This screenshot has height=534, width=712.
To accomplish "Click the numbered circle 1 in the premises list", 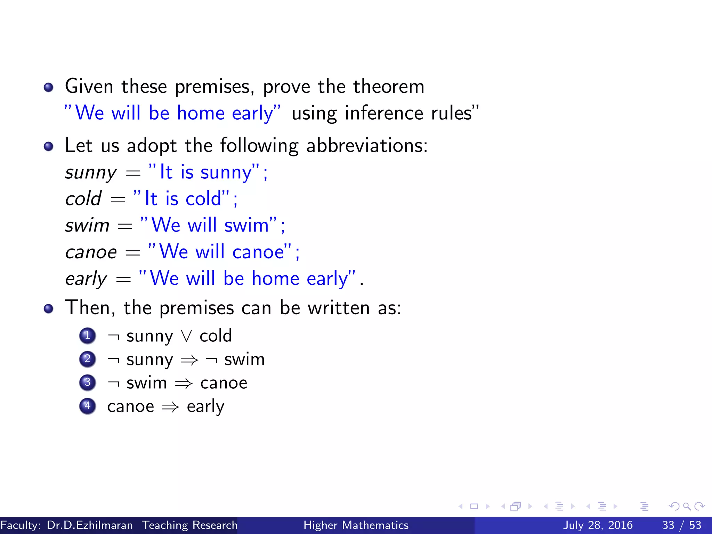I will pyautogui.click(x=88, y=336).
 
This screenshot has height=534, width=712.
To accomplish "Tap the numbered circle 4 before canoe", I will pyautogui.click(x=88, y=406).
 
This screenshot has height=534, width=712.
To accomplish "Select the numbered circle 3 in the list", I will pyautogui.click(x=88, y=382).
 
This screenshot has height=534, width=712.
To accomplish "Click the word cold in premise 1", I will pyautogui.click(x=216, y=336).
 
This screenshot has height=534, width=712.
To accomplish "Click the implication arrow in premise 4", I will pyautogui.click(x=170, y=407).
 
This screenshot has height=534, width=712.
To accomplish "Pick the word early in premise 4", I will pyautogui.click(x=205, y=407).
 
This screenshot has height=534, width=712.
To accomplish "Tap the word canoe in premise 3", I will pyautogui.click(x=224, y=383).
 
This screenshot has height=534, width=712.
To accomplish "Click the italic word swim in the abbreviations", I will pyautogui.click(x=87, y=225).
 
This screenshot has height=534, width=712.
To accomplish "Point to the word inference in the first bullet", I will pyautogui.click(x=384, y=113).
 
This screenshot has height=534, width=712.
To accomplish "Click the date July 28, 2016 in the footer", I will pyautogui.click(x=598, y=525).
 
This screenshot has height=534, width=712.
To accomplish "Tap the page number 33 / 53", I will pyautogui.click(x=681, y=525).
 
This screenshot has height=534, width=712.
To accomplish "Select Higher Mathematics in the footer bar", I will pyautogui.click(x=356, y=525).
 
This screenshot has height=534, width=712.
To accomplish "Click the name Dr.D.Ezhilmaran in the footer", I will pyautogui.click(x=90, y=525).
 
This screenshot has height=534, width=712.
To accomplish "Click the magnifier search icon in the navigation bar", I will pyautogui.click(x=687, y=506).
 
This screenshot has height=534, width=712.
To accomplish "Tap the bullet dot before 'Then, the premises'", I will pyautogui.click(x=49, y=309).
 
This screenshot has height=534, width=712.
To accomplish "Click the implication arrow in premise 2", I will pyautogui.click(x=189, y=360).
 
